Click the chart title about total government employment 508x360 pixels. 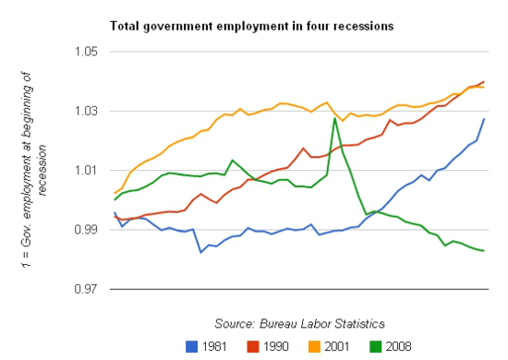point(251,26)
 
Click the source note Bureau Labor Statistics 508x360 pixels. point(299,323)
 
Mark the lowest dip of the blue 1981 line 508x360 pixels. point(201,252)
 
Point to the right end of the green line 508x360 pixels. point(485,251)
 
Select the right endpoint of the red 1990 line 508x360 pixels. point(485,81)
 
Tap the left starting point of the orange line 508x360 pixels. point(115,193)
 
